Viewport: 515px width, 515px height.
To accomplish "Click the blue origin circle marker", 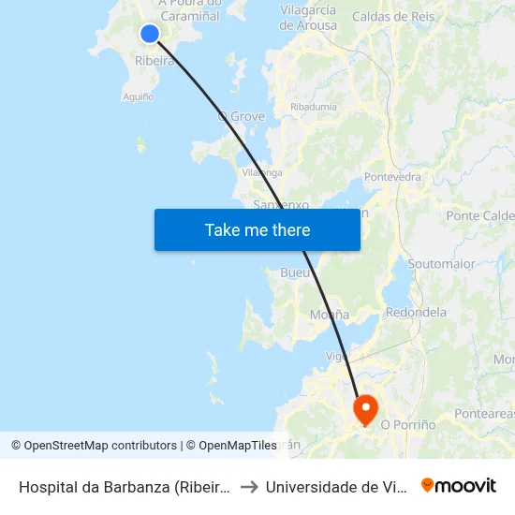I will pyautogui.click(x=150, y=34).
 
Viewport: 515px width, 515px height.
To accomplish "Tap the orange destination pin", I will pyautogui.click(x=364, y=408).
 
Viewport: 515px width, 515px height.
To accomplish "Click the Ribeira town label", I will pyautogui.click(x=154, y=61).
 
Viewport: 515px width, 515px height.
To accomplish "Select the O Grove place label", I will pyautogui.click(x=242, y=117).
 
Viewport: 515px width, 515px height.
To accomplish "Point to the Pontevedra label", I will pyautogui.click(x=392, y=176).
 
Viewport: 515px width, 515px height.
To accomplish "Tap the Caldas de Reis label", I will pyautogui.click(x=393, y=17).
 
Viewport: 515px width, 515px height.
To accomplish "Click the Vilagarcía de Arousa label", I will pyautogui.click(x=308, y=18).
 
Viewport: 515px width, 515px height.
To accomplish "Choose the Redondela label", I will pyautogui.click(x=416, y=312).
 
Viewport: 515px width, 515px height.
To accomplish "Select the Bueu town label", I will pyautogui.click(x=295, y=272).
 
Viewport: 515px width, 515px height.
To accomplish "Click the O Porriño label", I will pyautogui.click(x=408, y=424).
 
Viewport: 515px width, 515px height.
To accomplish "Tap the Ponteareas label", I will pyautogui.click(x=483, y=413).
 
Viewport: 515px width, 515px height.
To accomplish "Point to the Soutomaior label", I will pyautogui.click(x=442, y=264).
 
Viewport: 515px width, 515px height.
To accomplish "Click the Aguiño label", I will pyautogui.click(x=138, y=96).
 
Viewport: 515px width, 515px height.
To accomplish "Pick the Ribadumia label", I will pyautogui.click(x=313, y=107).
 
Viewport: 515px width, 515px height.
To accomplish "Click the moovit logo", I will pyautogui.click(x=459, y=486).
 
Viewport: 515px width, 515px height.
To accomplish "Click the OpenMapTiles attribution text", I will pyautogui.click(x=231, y=446).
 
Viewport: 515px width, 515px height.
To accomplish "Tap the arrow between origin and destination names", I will pyautogui.click(x=249, y=487).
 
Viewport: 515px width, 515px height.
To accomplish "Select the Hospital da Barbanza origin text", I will pyautogui.click(x=124, y=487).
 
